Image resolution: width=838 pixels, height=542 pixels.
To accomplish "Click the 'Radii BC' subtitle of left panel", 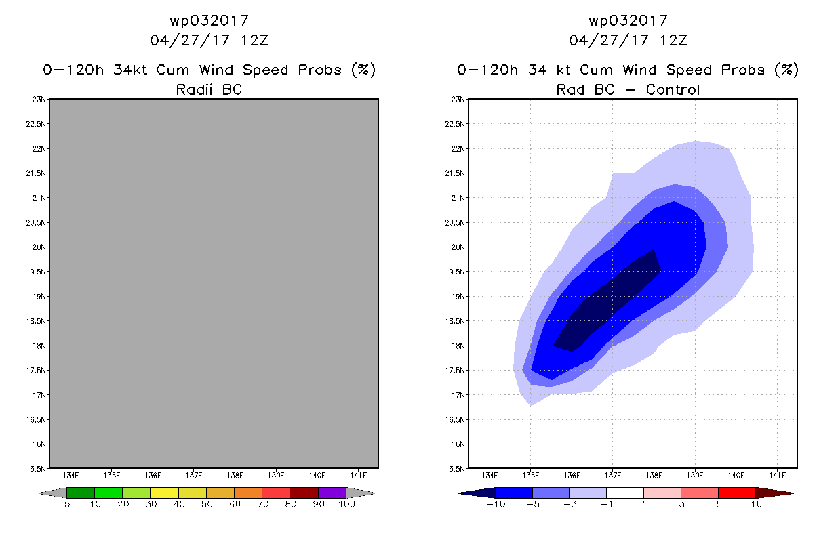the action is (x=209, y=89).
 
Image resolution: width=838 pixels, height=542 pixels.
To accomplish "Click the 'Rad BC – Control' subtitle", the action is (x=628, y=89).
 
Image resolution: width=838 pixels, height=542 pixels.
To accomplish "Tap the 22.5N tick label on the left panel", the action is (x=36, y=124).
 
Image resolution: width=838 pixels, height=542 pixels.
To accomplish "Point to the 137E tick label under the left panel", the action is (x=194, y=476).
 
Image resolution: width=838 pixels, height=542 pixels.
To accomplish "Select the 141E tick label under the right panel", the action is (x=778, y=476).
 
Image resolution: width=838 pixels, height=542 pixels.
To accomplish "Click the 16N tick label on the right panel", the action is (x=458, y=444).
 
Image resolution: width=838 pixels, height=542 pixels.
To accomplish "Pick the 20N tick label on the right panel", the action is (x=458, y=247).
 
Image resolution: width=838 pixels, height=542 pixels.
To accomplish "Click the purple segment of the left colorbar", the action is (x=332, y=493).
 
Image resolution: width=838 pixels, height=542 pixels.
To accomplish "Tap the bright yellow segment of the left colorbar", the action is (x=164, y=493).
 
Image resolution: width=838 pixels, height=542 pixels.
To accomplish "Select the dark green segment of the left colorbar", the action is (x=81, y=493).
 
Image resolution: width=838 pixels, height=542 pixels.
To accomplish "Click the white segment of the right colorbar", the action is (x=625, y=493).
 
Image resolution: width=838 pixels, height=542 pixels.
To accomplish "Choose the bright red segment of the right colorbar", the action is (x=737, y=493).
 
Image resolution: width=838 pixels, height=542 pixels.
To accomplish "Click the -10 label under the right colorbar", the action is (x=496, y=505).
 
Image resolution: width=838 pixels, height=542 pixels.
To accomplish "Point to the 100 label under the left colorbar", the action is (x=346, y=505).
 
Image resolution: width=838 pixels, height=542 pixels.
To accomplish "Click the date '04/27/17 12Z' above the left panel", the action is (x=209, y=41).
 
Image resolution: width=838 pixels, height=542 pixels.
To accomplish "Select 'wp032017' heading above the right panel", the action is (x=628, y=20).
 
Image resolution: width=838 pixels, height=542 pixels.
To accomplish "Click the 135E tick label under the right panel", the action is (x=530, y=476).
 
